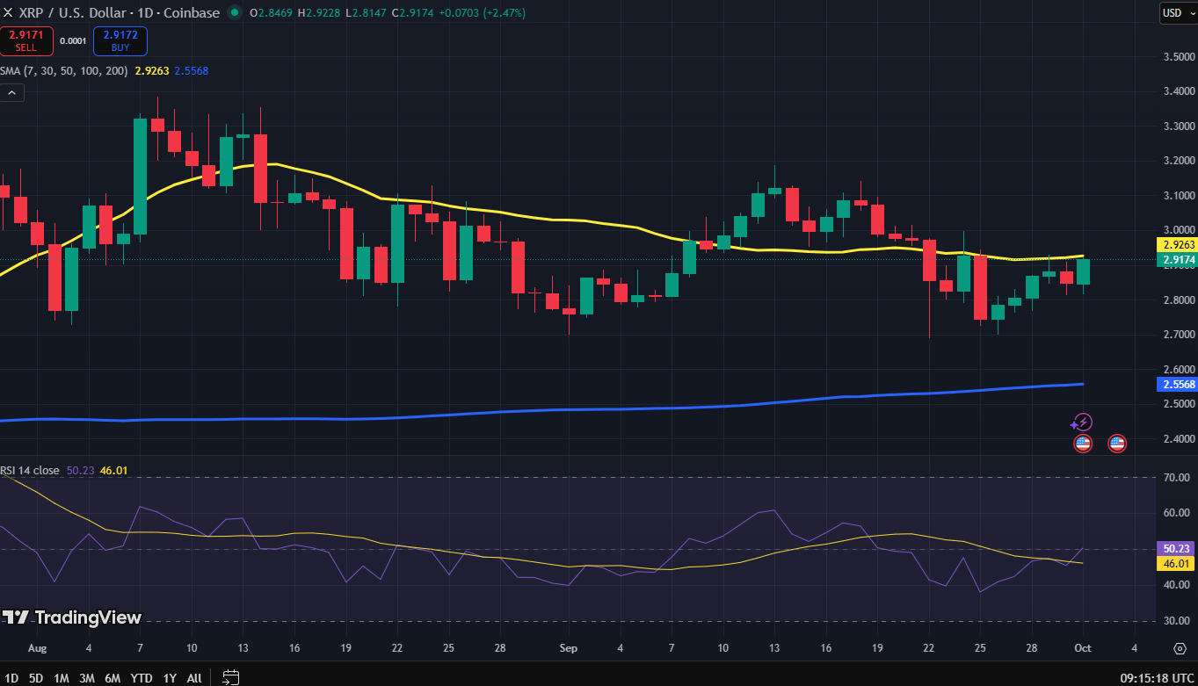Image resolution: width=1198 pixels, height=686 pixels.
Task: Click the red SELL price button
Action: click(x=26, y=40)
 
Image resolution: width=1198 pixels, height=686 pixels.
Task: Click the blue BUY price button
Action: click(x=120, y=40)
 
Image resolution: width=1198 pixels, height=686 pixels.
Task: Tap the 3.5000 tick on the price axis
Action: click(x=1173, y=57)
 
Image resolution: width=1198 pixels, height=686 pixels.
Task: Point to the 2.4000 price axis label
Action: click(x=1173, y=439)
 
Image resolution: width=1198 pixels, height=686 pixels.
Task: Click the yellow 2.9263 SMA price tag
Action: click(x=1177, y=245)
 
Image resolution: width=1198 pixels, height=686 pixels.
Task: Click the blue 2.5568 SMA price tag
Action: click(x=1177, y=385)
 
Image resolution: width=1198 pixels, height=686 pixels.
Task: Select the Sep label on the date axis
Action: click(x=568, y=648)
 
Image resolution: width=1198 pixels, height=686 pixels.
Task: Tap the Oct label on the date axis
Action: click(x=1082, y=648)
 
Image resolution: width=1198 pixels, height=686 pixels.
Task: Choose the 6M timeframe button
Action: click(x=113, y=678)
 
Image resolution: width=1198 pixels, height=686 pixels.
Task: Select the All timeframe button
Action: click(x=194, y=678)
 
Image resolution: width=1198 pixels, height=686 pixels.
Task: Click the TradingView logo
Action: click(x=72, y=617)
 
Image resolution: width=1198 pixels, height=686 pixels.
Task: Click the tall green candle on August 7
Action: click(x=140, y=177)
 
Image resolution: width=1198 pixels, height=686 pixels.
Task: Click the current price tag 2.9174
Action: click(x=1177, y=260)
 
